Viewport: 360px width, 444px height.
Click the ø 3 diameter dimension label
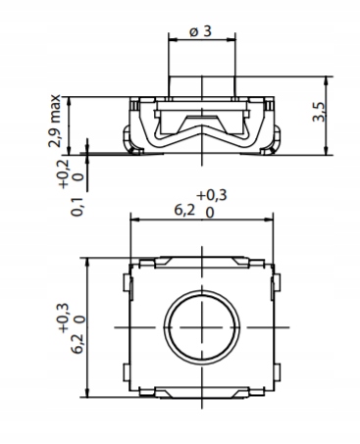tap(200, 31)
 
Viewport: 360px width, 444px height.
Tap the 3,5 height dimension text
tap(319, 112)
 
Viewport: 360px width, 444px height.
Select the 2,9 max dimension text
tap(54, 121)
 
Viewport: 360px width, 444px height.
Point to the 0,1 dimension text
tap(77, 207)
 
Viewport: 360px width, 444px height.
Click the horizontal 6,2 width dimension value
tap(184, 210)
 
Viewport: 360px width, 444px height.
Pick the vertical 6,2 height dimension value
tap(77, 344)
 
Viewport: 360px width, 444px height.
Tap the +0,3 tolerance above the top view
tap(212, 195)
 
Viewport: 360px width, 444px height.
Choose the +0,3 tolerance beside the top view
tap(63, 319)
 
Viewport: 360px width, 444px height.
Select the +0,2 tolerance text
tap(64, 174)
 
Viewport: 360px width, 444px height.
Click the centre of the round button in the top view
tap(202, 327)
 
